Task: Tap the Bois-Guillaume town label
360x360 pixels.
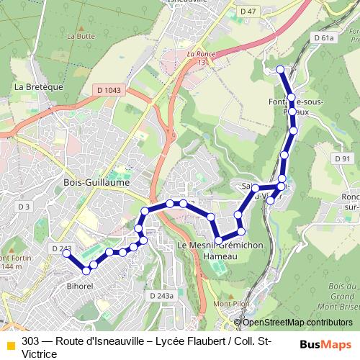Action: pyautogui.click(x=96, y=183)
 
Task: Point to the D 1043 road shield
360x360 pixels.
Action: pyautogui.click(x=109, y=90)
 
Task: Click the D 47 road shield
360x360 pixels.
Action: pyautogui.click(x=248, y=11)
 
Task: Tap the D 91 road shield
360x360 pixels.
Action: pyautogui.click(x=341, y=158)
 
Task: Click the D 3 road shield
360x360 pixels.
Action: pyautogui.click(x=24, y=207)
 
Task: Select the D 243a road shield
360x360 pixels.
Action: pyautogui.click(x=161, y=295)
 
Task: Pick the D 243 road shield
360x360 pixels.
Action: pyautogui.click(x=62, y=248)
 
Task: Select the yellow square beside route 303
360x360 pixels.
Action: pyautogui.click(x=11, y=345)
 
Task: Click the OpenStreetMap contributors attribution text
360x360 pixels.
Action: pyautogui.click(x=297, y=322)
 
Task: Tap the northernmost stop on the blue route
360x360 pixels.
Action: pyautogui.click(x=281, y=69)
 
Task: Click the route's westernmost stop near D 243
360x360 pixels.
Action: pyautogui.click(x=67, y=253)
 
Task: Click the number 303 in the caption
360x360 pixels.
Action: pyautogui.click(x=31, y=341)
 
